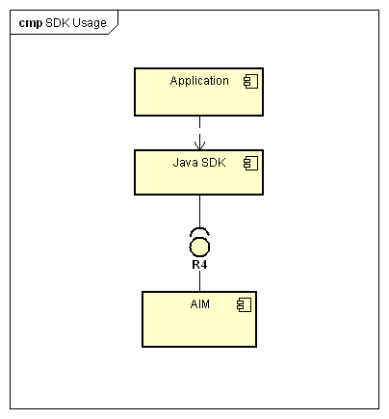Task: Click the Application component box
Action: coord(198,92)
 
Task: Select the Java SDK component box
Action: coord(198,172)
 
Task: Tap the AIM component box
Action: coord(199,319)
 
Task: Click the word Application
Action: coord(199,81)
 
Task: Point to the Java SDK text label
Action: coord(199,163)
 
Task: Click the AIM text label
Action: coord(200,303)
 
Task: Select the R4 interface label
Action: coord(199,265)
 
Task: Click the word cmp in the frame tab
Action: coord(31,23)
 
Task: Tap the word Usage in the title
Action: coord(90,23)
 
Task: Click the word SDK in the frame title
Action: coord(58,23)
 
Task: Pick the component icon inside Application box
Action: coord(250,81)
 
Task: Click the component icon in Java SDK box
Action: coord(250,163)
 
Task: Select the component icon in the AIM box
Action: coord(244,304)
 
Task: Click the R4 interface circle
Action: coord(199,248)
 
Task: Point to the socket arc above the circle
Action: coord(199,229)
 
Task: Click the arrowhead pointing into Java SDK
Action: coord(199,145)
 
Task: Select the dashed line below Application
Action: coord(199,133)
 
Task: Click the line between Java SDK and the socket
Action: coord(199,211)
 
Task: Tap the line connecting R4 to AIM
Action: coord(199,280)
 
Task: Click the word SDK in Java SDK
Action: coord(214,163)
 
